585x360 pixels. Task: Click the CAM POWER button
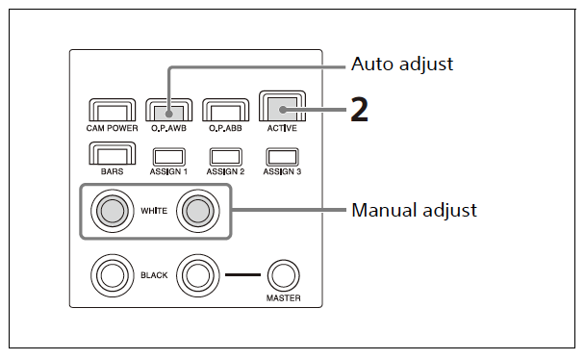click(x=112, y=110)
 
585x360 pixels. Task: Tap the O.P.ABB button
click(x=225, y=110)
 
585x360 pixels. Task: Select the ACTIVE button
click(x=283, y=106)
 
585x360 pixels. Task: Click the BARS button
click(x=112, y=153)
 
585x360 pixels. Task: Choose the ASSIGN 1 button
click(x=169, y=157)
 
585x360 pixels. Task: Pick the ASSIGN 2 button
click(x=226, y=157)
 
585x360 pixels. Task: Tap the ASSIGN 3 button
click(x=283, y=157)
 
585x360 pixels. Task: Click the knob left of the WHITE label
click(x=113, y=211)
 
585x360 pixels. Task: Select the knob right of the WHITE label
click(x=198, y=211)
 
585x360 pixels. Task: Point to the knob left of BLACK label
click(x=113, y=275)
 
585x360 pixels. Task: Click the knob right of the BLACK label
click(x=198, y=275)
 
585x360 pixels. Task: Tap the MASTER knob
click(x=284, y=275)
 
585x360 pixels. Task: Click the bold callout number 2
click(x=360, y=110)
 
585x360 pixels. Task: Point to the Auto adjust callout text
click(x=402, y=64)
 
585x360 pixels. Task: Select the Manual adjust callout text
click(x=414, y=210)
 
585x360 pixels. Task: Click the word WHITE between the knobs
click(x=154, y=211)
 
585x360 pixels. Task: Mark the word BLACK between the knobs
click(x=154, y=275)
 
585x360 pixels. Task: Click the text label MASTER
click(x=284, y=298)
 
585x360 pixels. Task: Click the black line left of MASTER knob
click(x=242, y=275)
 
